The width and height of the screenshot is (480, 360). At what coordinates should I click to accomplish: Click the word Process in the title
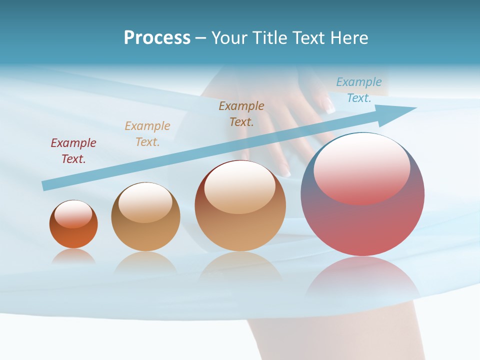point(157,38)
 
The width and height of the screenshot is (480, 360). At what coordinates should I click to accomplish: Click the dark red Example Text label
point(73,150)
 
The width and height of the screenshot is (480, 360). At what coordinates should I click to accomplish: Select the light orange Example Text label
point(147,133)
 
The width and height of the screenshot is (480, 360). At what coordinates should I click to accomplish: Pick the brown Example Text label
point(241,113)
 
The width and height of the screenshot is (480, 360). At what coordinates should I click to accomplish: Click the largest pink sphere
point(362,220)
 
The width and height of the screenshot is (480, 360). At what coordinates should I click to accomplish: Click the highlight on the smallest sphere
point(73,214)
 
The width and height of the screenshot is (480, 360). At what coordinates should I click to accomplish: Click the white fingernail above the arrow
point(330,105)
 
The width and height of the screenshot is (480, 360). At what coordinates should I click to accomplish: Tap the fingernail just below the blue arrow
point(285,171)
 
